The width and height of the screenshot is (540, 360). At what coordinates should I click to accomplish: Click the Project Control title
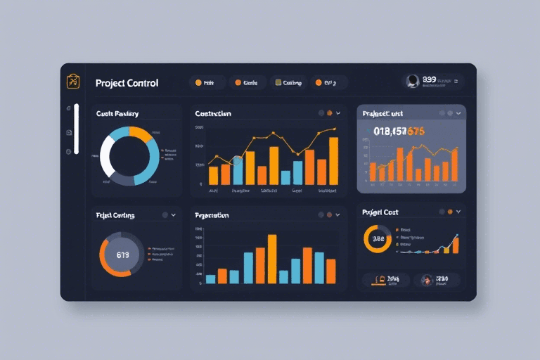click(127, 83)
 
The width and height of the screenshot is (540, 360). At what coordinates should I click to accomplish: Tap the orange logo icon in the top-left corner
click(72, 82)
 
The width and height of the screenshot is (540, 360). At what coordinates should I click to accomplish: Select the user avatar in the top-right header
click(413, 82)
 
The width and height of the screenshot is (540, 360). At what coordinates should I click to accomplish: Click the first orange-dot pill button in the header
click(206, 82)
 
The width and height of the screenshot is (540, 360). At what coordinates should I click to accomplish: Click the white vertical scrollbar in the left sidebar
click(77, 129)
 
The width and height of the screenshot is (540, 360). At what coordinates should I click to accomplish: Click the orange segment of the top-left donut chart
click(139, 132)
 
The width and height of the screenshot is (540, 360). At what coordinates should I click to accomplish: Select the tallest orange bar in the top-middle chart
click(333, 160)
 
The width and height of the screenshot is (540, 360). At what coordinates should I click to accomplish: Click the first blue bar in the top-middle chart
click(238, 169)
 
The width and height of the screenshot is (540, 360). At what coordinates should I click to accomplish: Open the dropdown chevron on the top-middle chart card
click(338, 112)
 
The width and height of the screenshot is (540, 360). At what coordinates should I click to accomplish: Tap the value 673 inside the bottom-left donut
click(122, 255)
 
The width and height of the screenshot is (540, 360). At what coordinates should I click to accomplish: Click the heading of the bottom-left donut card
click(115, 215)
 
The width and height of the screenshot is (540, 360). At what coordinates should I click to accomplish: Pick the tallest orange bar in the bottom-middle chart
click(272, 259)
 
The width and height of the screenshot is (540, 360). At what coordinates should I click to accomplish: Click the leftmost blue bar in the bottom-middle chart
click(210, 279)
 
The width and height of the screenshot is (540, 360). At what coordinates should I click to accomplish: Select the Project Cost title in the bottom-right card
click(380, 212)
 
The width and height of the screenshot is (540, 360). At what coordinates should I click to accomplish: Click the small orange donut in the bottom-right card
click(378, 239)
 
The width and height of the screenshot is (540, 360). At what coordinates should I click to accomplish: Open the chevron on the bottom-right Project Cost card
click(458, 211)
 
